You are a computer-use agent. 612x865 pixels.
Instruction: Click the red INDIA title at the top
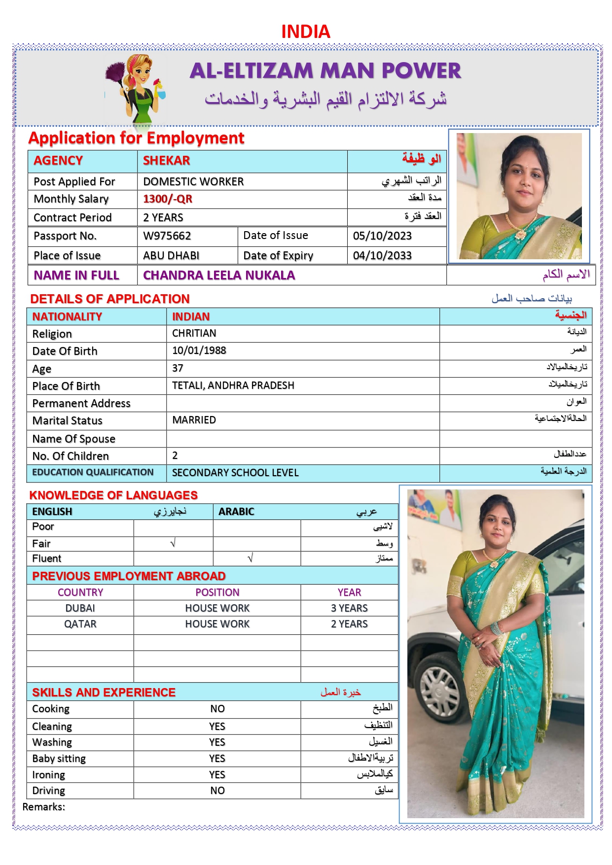[305, 32]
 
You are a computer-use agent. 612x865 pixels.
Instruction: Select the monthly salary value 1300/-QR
[168, 199]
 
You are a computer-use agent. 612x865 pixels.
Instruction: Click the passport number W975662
[167, 236]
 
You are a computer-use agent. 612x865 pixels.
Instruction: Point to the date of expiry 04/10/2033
[382, 256]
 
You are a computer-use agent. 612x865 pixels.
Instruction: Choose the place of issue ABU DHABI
[171, 256]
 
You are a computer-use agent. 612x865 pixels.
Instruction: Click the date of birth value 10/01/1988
[199, 350]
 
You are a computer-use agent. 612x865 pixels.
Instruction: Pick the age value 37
[178, 368]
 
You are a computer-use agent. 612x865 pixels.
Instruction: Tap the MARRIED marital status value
[194, 420]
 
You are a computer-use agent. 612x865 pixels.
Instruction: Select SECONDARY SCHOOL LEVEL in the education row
[235, 473]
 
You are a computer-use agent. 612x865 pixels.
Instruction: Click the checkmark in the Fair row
[173, 543]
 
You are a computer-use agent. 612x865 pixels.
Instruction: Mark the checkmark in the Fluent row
[251, 558]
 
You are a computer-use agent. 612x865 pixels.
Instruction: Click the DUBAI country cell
[80, 608]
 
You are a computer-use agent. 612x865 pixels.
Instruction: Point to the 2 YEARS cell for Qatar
[349, 624]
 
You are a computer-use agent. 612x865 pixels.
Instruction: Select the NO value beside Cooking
[217, 709]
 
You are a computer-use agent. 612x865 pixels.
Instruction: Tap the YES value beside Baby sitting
[217, 759]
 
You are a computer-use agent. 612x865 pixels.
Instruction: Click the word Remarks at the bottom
[43, 807]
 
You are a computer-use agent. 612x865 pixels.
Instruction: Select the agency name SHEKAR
[166, 161]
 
